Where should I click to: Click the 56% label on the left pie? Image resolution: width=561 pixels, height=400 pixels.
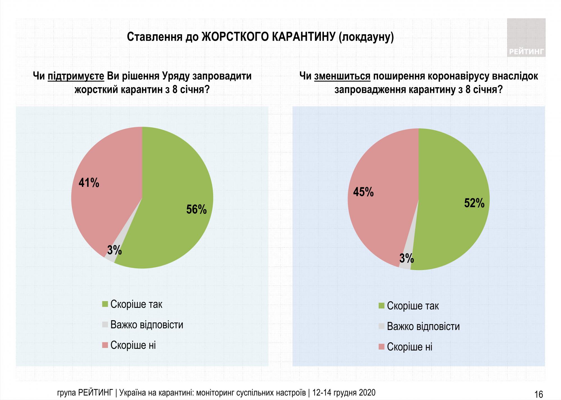tap(196, 210)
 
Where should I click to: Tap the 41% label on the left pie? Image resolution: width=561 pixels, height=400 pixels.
tap(89, 183)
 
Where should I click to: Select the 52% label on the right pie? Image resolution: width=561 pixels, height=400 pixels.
tap(474, 203)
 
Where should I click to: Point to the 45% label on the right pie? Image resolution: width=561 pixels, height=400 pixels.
tap(363, 192)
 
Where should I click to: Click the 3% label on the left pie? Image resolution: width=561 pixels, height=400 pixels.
tap(114, 250)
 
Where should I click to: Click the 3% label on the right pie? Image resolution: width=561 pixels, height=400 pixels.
tap(406, 258)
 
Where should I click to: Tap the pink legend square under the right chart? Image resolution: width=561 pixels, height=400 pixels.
tap(381, 347)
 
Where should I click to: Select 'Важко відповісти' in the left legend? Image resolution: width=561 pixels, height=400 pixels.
tap(147, 325)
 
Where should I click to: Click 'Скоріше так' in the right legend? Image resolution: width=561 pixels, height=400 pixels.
tap(413, 306)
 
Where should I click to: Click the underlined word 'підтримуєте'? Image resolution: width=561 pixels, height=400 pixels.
tap(76, 76)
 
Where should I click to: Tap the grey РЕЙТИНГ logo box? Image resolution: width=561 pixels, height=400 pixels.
tap(526, 38)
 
